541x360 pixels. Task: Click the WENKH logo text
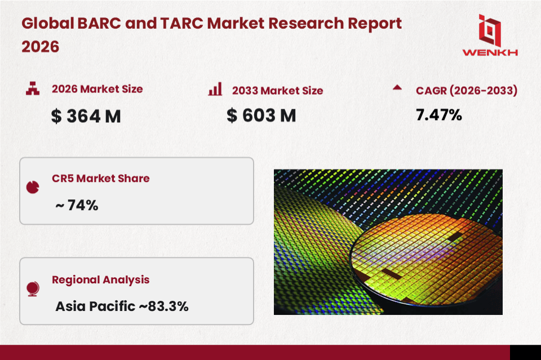tap(490, 52)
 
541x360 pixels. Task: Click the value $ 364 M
tap(86, 116)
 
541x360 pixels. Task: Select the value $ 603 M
tap(261, 115)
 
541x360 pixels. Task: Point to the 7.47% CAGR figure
tap(439, 115)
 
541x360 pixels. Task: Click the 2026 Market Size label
tap(97, 89)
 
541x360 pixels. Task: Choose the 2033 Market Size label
tap(277, 90)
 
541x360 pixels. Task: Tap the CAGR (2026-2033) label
tap(467, 90)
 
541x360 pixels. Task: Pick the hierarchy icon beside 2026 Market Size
tap(32, 88)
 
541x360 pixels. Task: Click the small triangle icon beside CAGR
tap(397, 87)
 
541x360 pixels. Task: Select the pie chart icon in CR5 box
tap(33, 187)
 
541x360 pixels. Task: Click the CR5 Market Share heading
tap(101, 179)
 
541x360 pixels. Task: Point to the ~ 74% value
tap(77, 206)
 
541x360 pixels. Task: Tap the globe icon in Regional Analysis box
tap(33, 289)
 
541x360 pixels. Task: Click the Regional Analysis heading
tap(100, 279)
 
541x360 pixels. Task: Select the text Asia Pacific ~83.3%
tap(122, 306)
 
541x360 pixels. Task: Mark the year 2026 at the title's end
tap(41, 47)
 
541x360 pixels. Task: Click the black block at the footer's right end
tap(525, 352)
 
